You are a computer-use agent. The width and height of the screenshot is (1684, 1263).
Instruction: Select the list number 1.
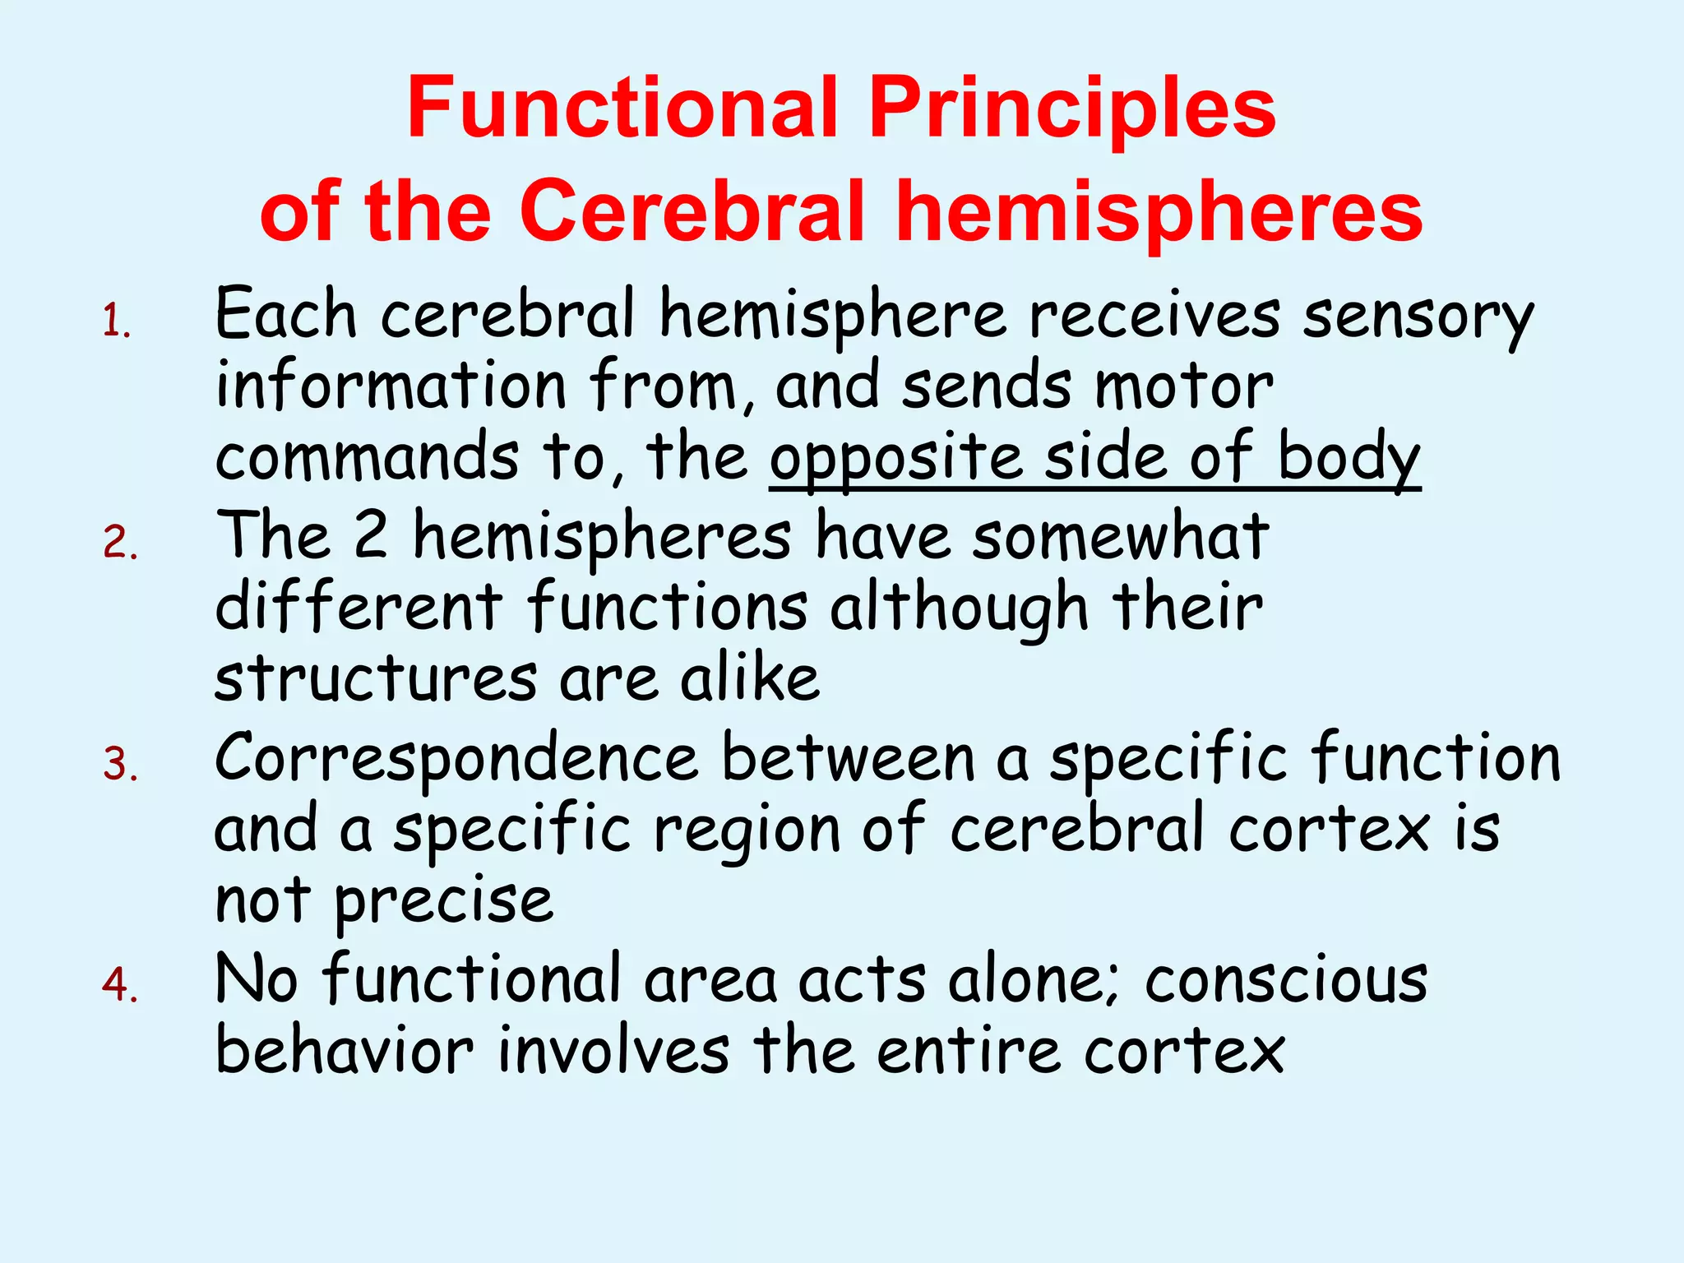(116, 322)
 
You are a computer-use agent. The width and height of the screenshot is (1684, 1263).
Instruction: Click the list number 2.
(120, 544)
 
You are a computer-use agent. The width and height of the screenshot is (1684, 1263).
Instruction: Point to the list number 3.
(120, 765)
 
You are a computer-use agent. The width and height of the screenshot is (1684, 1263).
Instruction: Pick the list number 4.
(120, 985)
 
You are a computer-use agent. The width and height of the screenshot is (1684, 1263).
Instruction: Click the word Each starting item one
(285, 315)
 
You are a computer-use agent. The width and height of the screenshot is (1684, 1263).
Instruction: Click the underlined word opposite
(897, 459)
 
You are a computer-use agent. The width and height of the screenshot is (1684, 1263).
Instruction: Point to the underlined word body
(1349, 459)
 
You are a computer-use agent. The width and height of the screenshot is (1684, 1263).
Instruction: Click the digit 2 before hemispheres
(370, 535)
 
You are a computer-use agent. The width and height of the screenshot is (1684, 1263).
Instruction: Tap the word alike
(750, 678)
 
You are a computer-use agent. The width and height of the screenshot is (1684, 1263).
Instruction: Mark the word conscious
(1286, 980)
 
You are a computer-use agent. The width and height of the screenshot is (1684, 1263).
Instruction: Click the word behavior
(345, 1051)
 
